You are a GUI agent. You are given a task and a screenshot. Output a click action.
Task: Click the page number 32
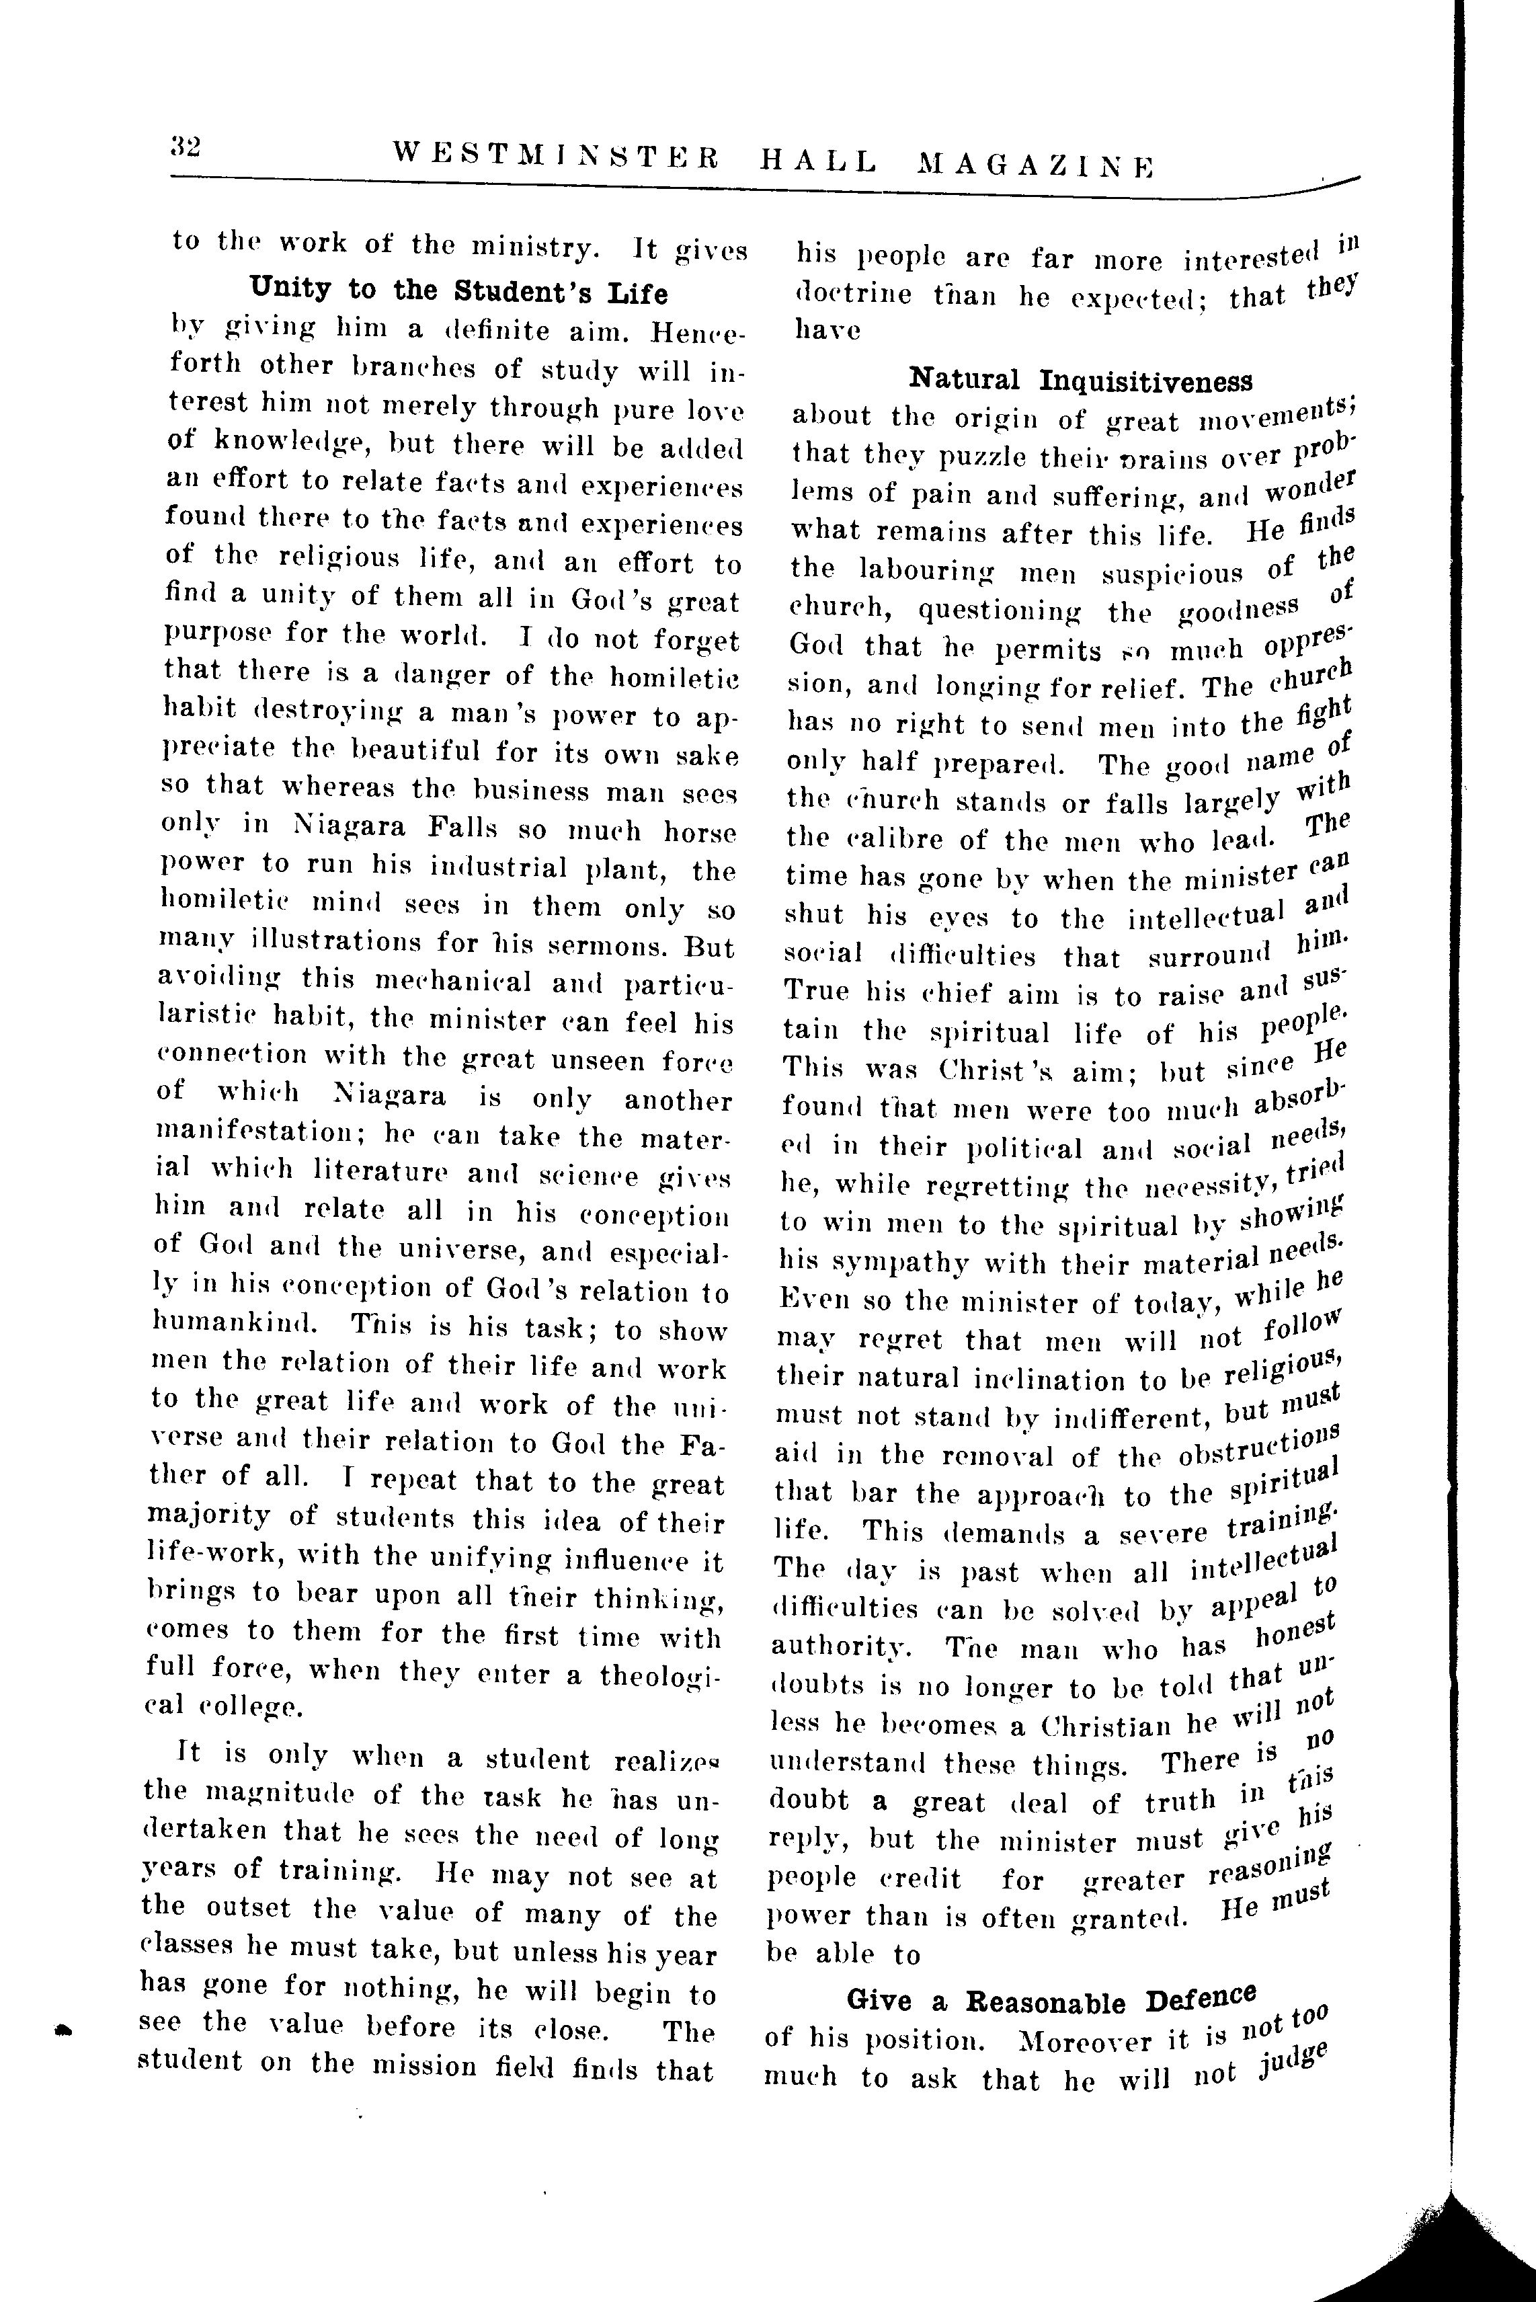pyautogui.click(x=184, y=148)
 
